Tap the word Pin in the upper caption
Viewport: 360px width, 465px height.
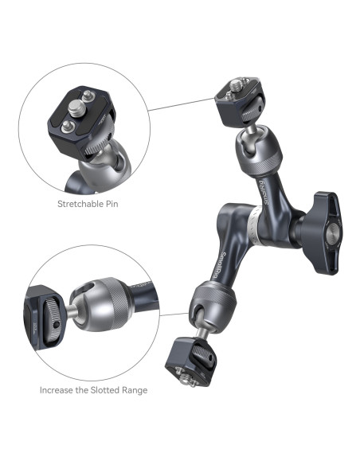coord(111,204)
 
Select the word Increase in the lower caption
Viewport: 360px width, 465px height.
coord(57,390)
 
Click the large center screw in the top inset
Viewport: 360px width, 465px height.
coord(76,108)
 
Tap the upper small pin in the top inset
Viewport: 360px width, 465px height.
coord(88,96)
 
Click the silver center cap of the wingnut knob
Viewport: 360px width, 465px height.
coord(333,233)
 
